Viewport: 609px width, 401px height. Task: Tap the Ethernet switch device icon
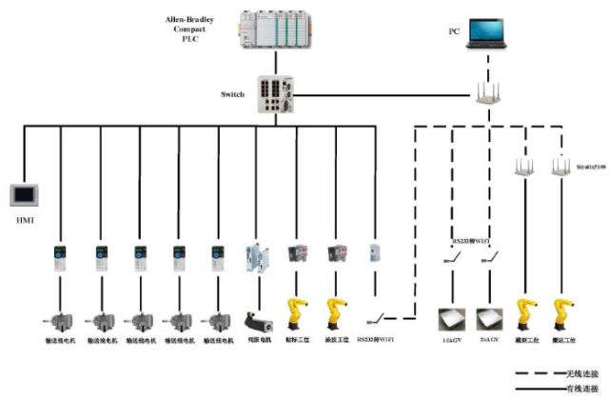pyautogui.click(x=277, y=94)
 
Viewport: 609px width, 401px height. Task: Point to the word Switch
pyautogui.click(x=233, y=95)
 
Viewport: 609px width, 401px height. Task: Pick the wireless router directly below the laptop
pyautogui.click(x=488, y=93)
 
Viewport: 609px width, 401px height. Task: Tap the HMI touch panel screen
pyautogui.click(x=23, y=195)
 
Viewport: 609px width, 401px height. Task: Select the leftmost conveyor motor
pyautogui.click(x=59, y=320)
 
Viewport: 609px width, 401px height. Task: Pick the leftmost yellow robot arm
pyautogui.click(x=298, y=314)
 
